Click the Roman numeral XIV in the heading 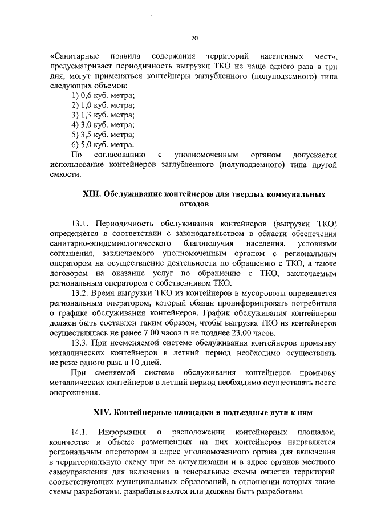coord(103,412)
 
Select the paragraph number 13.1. coord(81,223)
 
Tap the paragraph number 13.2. coord(81,293)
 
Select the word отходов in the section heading coord(193,204)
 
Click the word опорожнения coord(75,393)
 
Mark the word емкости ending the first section coord(64,175)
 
